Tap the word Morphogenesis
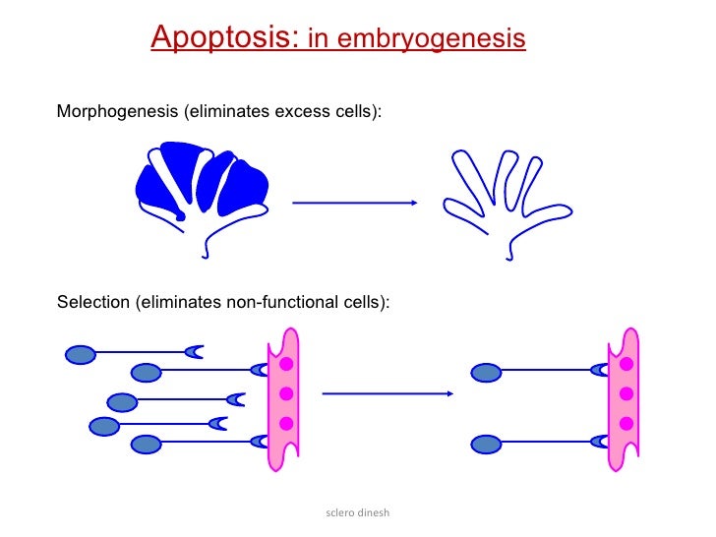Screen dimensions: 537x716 coord(118,111)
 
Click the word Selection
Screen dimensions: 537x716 coord(92,301)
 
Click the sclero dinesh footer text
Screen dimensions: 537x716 coord(358,512)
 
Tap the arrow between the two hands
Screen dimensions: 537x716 coord(355,203)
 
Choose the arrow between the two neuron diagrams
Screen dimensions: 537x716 coord(387,394)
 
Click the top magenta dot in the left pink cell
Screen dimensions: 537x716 coord(286,364)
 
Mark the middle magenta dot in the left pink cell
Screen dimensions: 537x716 coord(286,394)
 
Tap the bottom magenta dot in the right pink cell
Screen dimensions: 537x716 coord(626,424)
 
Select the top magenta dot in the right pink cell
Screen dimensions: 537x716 coord(626,364)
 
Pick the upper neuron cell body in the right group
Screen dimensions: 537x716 coord(486,372)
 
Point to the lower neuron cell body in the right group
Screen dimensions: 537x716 coord(486,444)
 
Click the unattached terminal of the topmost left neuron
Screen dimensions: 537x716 coord(195,351)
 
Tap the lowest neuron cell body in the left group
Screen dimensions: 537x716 coord(146,444)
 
